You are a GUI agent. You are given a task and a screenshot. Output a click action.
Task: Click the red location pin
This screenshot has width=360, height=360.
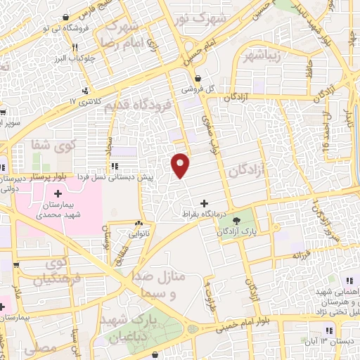(x=181, y=165)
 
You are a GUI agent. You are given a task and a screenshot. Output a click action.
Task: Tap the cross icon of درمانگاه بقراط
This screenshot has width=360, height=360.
(x=204, y=204)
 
